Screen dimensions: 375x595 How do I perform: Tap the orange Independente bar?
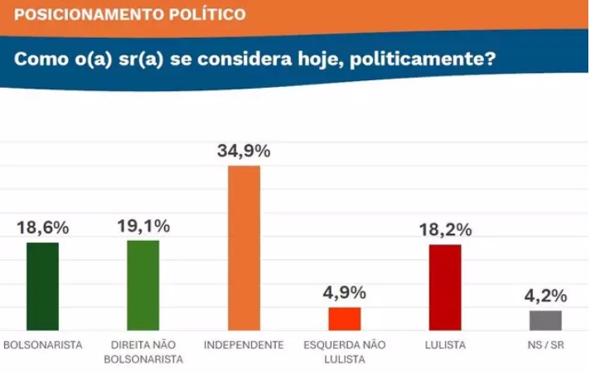click(x=244, y=248)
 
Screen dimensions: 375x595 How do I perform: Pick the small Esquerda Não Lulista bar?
click(x=344, y=319)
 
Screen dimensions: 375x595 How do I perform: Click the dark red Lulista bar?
click(x=444, y=288)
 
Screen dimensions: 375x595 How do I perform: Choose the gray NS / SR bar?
click(x=545, y=320)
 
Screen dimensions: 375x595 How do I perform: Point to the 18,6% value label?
click(x=43, y=227)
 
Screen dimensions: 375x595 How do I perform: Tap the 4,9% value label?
click(x=344, y=292)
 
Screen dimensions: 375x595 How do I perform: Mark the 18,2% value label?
click(x=444, y=228)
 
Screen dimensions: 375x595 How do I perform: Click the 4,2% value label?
click(x=545, y=296)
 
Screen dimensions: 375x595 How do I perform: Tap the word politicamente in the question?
click(x=419, y=60)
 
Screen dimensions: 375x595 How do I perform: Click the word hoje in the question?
click(x=312, y=60)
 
